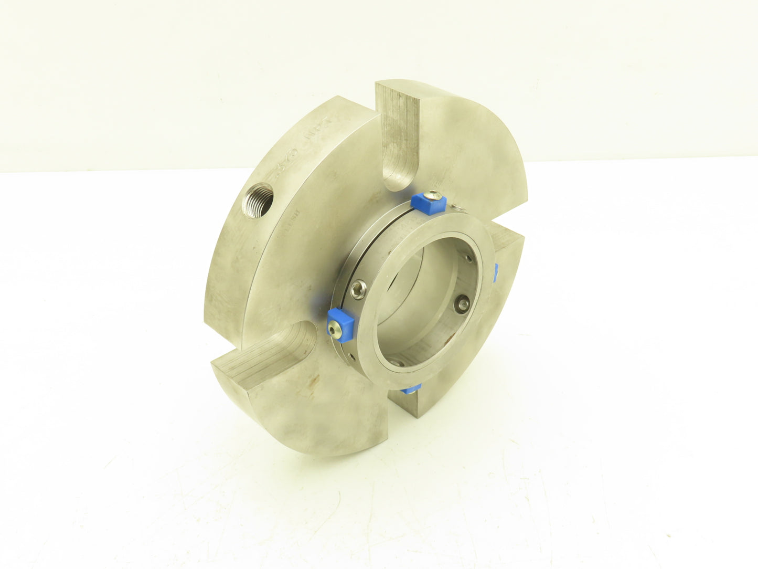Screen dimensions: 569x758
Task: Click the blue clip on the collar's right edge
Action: click(495, 271)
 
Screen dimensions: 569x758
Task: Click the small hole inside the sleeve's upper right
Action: click(468, 259)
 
